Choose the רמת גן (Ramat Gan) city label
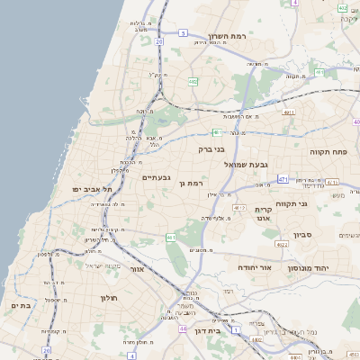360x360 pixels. point(194,184)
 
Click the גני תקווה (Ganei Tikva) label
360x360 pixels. point(316,203)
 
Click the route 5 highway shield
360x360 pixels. point(183,33)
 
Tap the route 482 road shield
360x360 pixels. point(193,82)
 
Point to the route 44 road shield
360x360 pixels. point(183,329)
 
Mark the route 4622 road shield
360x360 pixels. point(282,244)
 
